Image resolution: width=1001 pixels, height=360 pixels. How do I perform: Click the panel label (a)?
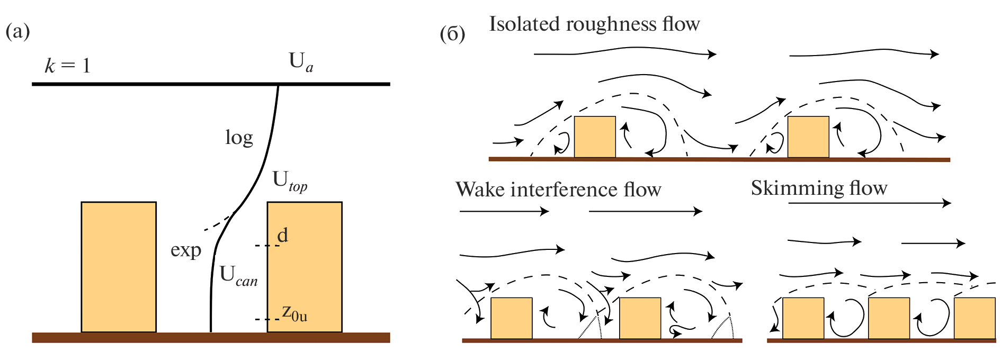tap(17, 32)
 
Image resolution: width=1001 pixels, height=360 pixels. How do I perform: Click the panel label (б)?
tap(452, 34)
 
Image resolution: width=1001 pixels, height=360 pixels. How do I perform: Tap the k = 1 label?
tap(68, 66)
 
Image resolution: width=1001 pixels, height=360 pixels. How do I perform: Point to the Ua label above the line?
tap(300, 62)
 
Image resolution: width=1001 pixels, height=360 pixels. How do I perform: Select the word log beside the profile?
tap(239, 138)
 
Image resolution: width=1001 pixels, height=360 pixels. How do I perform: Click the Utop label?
tap(289, 182)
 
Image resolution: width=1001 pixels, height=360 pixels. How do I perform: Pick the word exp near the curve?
tap(186, 250)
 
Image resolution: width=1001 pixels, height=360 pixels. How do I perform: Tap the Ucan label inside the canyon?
tap(238, 276)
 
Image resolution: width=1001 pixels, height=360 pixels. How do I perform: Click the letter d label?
tap(283, 235)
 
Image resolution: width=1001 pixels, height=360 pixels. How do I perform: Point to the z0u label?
tap(294, 313)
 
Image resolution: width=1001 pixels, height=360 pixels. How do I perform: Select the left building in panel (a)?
tap(119, 267)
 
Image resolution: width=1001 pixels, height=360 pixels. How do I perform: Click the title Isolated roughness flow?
tap(594, 24)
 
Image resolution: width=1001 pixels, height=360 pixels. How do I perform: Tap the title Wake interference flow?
tap(558, 190)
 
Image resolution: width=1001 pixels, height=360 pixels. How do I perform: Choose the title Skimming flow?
tap(819, 188)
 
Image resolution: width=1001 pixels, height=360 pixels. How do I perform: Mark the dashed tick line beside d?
tap(266, 246)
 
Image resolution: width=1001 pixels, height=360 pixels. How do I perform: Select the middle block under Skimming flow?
tap(889, 318)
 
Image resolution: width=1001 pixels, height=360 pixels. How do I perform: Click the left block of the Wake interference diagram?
tap(511, 318)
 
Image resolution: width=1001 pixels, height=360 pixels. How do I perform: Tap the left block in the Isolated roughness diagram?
tap(595, 137)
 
